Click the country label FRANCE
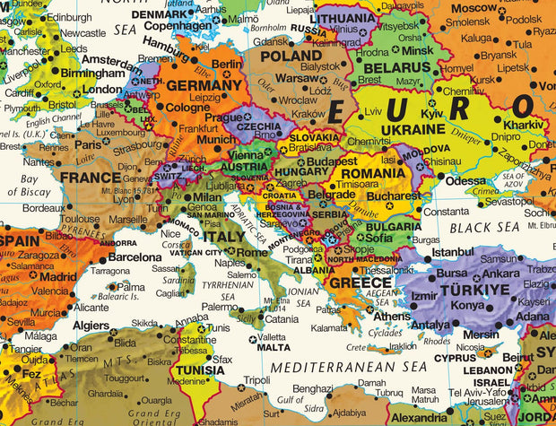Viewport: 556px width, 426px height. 90,178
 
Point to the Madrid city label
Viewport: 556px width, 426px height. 58,277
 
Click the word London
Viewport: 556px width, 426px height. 101,90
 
